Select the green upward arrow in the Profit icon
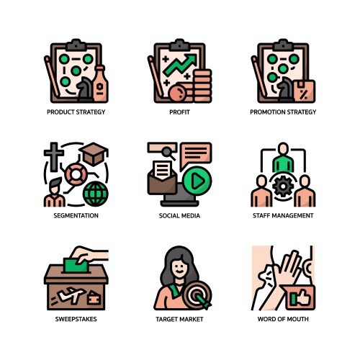tap(180, 65)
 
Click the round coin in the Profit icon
tap(178, 94)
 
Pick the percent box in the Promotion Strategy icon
tap(305, 91)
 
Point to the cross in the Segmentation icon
tap(54, 157)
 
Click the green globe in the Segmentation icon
tap(96, 194)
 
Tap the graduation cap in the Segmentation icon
tap(94, 154)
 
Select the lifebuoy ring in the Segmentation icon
tap(76, 174)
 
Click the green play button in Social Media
tap(197, 181)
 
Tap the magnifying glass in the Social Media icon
tap(168, 153)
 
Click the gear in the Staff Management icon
tap(283, 186)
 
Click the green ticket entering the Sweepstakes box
tap(76, 265)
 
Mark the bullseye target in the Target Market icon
tap(197, 294)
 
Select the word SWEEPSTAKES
tap(76, 319)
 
